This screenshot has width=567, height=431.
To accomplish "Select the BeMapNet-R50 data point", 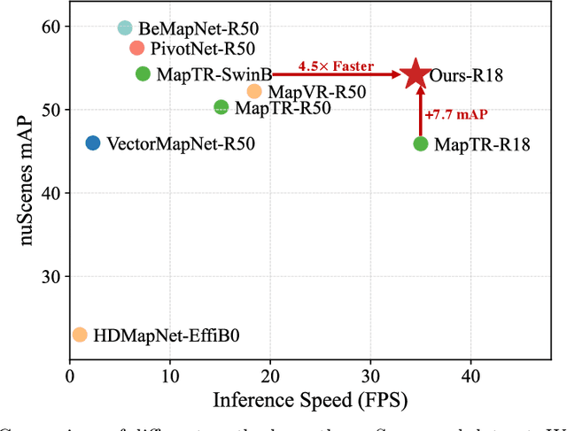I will pyautogui.click(x=125, y=29).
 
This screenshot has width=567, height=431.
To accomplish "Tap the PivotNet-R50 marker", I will pyautogui.click(x=136, y=48).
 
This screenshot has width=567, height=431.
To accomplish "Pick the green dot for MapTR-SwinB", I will pyautogui.click(x=143, y=74).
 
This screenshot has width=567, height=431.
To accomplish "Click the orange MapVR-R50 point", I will pyautogui.click(x=254, y=91).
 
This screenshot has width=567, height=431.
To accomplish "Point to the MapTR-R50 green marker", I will pyautogui.click(x=221, y=108).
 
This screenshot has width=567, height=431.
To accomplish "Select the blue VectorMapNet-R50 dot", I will pyautogui.click(x=93, y=142).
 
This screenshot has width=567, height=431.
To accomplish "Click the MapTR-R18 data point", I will pyautogui.click(x=421, y=143).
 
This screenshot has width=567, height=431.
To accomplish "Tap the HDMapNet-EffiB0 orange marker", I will pyautogui.click(x=80, y=335).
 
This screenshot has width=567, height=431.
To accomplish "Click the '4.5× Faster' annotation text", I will pyautogui.click(x=336, y=65).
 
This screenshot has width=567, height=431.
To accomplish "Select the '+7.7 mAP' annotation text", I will pyautogui.click(x=454, y=115).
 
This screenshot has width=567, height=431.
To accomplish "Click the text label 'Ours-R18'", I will pyautogui.click(x=466, y=75).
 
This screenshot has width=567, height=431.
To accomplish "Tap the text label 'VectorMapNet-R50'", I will pyautogui.click(x=180, y=142).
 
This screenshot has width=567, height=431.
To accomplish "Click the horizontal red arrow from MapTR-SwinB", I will pyautogui.click(x=337, y=76).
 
